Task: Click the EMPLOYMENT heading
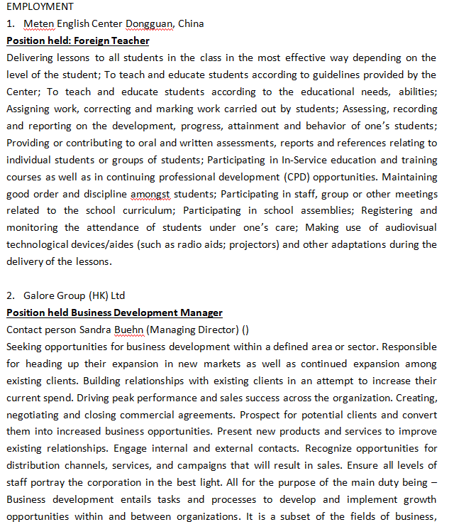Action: pos(40,6)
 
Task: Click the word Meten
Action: pos(38,23)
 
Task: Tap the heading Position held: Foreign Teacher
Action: pos(78,40)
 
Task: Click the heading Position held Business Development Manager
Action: pos(114,312)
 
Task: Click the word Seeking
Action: pos(26,347)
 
